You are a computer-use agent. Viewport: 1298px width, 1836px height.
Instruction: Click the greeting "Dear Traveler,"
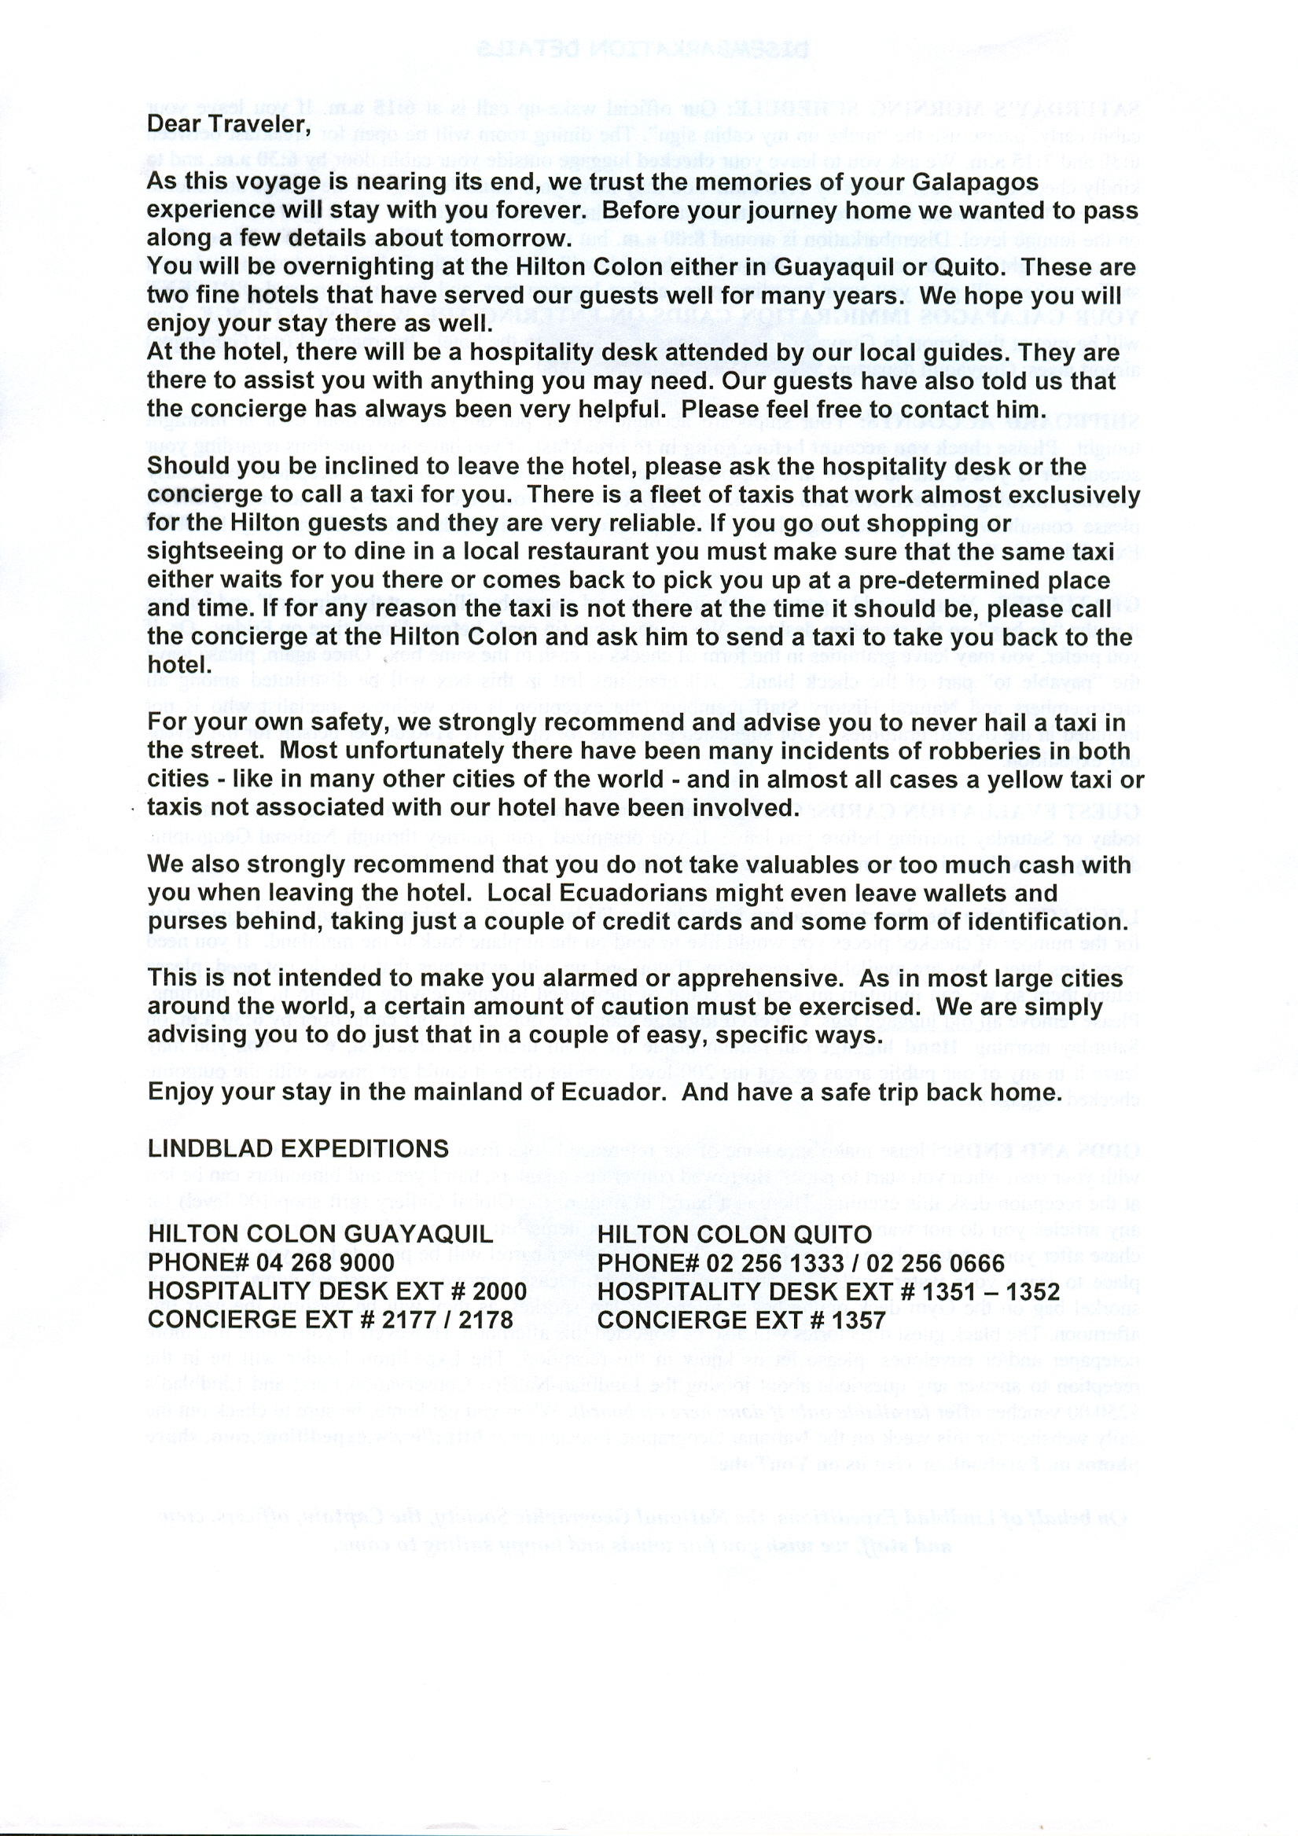[228, 125]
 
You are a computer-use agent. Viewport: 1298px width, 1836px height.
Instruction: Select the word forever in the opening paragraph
[541, 211]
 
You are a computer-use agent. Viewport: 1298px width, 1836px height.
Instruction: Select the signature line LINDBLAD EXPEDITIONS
[298, 1149]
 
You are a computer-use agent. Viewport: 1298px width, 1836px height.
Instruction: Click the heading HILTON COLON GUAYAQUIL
[321, 1234]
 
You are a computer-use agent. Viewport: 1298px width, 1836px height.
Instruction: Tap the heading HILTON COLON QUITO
[734, 1234]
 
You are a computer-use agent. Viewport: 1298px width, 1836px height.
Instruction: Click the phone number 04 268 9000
[325, 1263]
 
